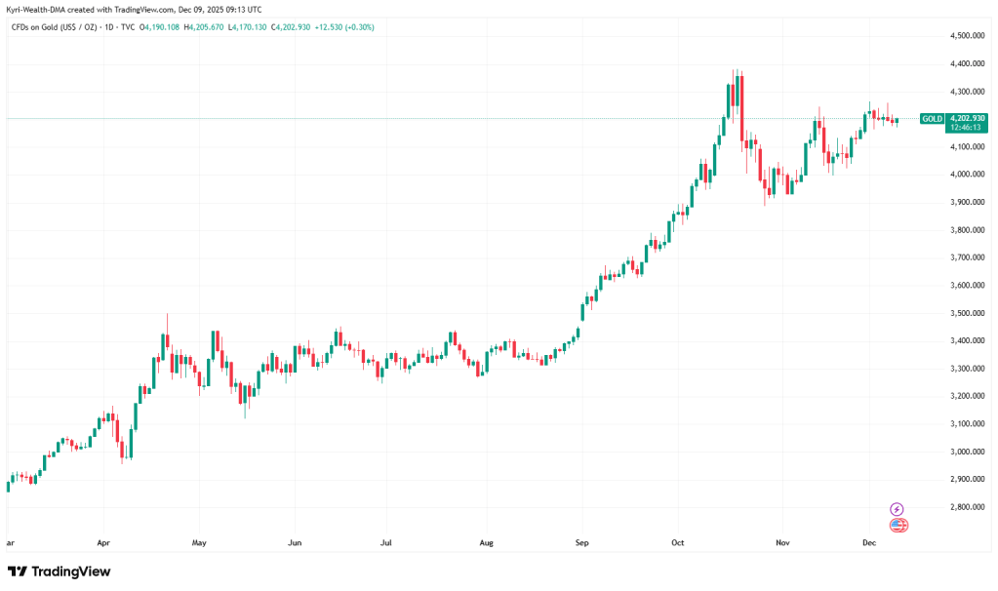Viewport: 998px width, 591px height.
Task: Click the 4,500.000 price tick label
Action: [968, 36]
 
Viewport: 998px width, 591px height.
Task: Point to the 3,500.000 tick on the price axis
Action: [968, 314]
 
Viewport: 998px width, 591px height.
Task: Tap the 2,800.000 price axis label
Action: [968, 508]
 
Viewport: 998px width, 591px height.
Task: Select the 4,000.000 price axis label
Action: [968, 175]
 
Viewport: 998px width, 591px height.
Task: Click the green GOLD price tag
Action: [932, 118]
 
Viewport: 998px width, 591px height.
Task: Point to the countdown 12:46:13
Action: [966, 127]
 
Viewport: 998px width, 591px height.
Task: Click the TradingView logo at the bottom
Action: [60, 571]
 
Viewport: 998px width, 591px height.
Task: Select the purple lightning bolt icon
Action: [898, 509]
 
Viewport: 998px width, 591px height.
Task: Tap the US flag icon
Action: [898, 526]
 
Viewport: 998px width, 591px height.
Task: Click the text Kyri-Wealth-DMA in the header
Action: [38, 9]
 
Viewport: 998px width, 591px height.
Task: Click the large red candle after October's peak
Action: [741, 107]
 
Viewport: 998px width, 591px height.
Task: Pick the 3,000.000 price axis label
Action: [968, 453]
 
